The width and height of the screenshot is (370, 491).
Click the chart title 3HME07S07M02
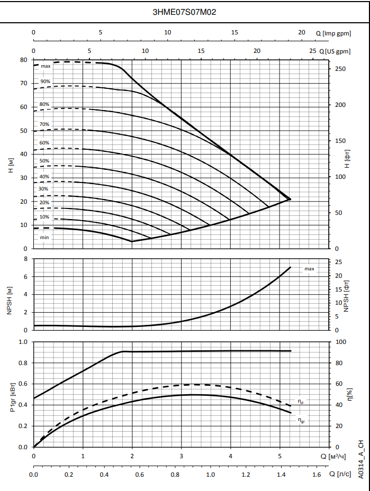184,12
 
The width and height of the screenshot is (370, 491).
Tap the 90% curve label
45,81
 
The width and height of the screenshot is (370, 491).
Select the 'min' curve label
44,238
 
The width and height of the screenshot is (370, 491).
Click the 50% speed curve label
44,161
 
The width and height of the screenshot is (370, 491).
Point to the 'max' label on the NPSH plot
309,269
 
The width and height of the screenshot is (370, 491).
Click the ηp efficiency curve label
301,403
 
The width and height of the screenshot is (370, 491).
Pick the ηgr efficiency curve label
301,421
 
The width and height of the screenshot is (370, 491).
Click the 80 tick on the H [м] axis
24,60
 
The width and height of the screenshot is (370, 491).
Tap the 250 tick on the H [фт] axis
341,69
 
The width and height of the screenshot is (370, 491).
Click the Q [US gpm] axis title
336,51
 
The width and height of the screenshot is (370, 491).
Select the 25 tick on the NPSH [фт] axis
339,262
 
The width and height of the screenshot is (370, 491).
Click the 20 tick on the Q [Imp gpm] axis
302,32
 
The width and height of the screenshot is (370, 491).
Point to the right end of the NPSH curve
291,267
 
